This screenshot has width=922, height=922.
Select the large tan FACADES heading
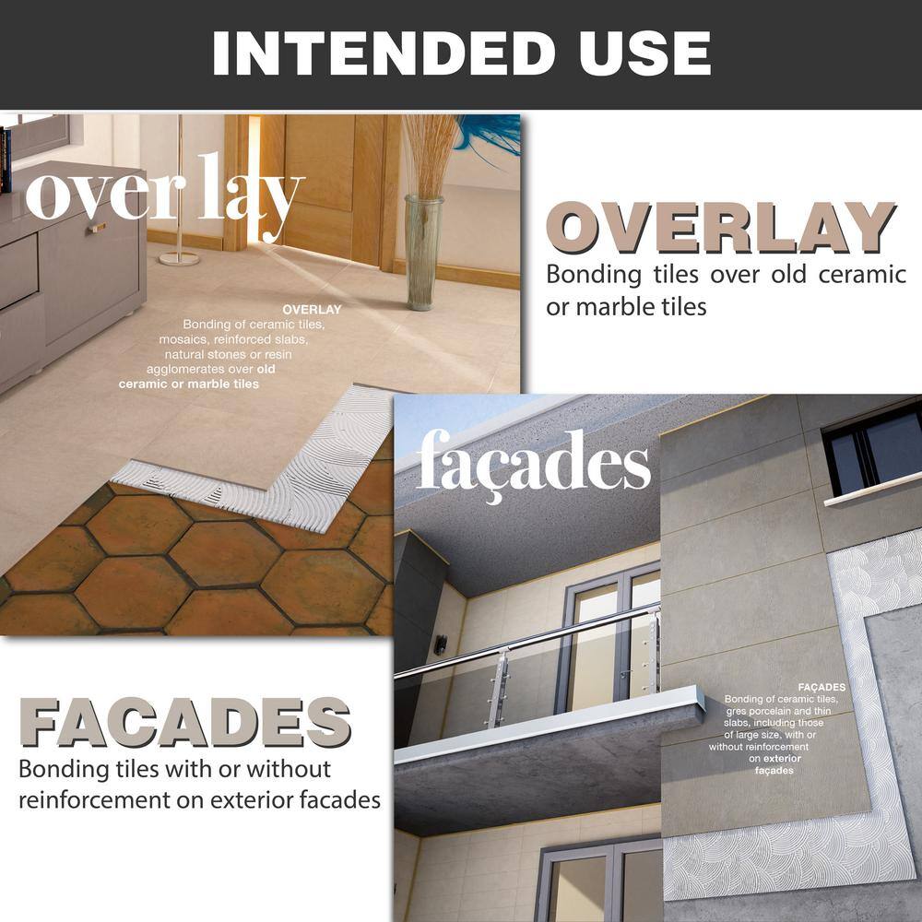(185, 722)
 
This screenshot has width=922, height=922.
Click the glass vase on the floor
(423, 253)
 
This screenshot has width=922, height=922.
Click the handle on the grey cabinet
(97, 228)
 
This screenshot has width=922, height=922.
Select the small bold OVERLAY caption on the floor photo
(312, 309)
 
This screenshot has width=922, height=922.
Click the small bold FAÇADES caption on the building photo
(822, 687)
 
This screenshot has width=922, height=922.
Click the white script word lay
(251, 197)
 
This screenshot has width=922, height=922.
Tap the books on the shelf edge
(6, 160)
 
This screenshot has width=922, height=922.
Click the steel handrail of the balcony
(526, 641)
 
